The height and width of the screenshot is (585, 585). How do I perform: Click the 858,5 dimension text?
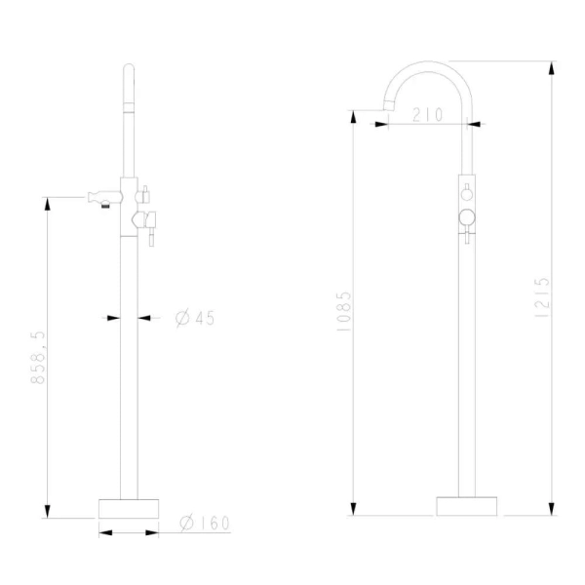(x=38, y=357)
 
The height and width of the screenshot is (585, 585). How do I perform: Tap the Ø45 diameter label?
(x=195, y=318)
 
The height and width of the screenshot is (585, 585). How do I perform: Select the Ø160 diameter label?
(x=205, y=523)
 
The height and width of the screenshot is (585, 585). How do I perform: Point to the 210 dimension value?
(x=428, y=114)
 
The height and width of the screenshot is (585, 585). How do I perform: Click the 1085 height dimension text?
(x=343, y=312)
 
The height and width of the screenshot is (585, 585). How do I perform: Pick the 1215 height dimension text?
(x=542, y=297)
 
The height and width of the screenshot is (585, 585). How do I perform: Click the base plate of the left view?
(x=129, y=509)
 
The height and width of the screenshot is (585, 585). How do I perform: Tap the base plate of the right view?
(x=467, y=506)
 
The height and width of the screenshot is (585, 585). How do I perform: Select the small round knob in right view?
(x=467, y=194)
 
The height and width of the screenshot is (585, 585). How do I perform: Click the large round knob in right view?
(x=467, y=217)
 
